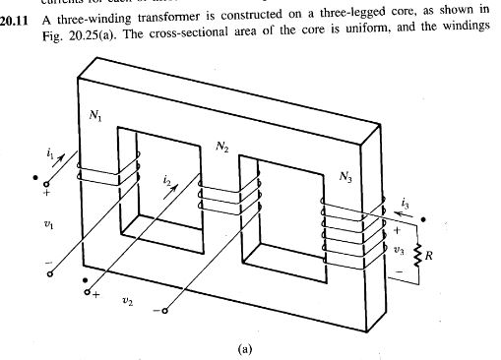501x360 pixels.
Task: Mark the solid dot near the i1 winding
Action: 36,180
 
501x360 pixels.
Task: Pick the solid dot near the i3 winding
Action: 423,218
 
